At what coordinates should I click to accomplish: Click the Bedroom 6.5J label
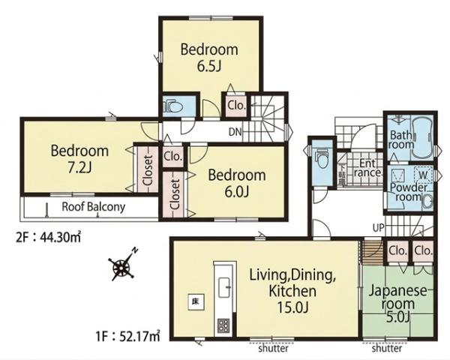coord(209,58)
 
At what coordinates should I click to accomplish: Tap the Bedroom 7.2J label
coord(79,159)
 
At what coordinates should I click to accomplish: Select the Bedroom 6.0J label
coord(237,184)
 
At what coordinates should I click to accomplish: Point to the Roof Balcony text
coord(94,207)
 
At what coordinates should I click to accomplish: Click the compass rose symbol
coord(123,265)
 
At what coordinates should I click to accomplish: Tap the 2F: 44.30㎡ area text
coord(48,238)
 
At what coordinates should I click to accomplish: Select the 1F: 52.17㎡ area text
coord(127,335)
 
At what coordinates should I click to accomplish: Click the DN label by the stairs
coord(235,132)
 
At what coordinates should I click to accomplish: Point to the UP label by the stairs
coord(378,228)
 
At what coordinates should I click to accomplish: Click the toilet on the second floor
coord(173,106)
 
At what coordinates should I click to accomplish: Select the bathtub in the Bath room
coord(422,139)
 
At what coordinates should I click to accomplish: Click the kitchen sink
coord(225,287)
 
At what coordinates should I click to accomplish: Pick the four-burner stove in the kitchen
coord(223,325)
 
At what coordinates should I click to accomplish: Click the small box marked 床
coord(196,302)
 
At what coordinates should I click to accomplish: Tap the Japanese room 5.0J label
coord(397,304)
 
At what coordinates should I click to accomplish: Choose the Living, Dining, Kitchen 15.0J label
coord(292,291)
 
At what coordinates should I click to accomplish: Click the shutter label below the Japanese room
coord(387,349)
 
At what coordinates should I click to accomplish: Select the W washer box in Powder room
coord(423,174)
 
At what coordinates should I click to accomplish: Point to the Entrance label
coord(367,168)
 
